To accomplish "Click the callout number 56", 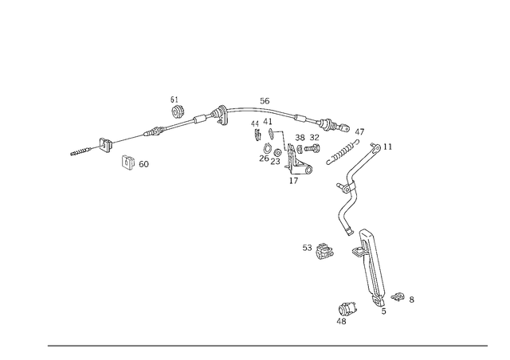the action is [265, 101].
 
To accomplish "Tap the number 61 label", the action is [175, 100].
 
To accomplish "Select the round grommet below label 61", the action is [178, 112].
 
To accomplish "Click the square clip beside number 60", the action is [127, 162].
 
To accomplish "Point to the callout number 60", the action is [143, 164].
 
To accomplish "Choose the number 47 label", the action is [359, 132].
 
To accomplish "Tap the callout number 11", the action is [387, 147].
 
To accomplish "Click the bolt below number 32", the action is [312, 148].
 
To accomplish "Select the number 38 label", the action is [300, 138].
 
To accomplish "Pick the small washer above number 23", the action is [277, 152].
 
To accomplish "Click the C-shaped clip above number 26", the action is [267, 148].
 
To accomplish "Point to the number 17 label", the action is [293, 181].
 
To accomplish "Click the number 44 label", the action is [255, 124].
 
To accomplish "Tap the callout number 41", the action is [268, 122].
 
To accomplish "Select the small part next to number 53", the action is [324, 251].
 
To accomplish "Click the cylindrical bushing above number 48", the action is [347, 308].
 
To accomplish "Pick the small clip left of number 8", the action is [398, 296].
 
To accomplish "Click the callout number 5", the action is [384, 311].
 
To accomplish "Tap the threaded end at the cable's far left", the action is [80, 151].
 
